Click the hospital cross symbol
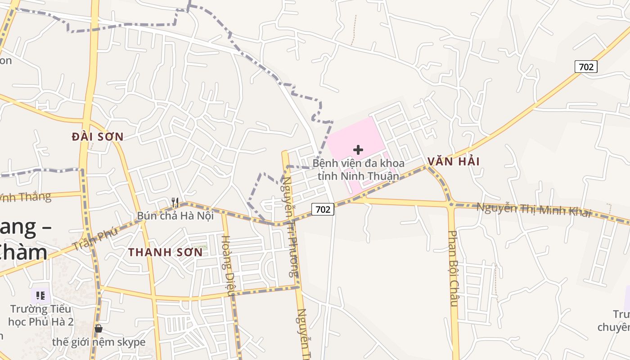point(358,149)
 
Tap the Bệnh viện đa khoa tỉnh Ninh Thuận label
point(358,169)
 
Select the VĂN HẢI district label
point(454,161)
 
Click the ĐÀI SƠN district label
point(97,136)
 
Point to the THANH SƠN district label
point(165,252)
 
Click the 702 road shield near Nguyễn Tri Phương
point(323,209)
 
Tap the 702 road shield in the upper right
point(586,67)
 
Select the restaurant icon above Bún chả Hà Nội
point(175,202)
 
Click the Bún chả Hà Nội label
point(175,216)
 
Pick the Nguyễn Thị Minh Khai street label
point(533,209)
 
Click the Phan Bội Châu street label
point(453,268)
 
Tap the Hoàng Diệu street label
point(228,265)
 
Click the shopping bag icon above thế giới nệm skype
point(99,328)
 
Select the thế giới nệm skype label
point(99,342)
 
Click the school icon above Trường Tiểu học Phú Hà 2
point(40,296)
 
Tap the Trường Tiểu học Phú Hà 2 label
point(40,315)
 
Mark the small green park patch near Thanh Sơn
point(203,247)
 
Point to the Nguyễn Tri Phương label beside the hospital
point(291,225)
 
